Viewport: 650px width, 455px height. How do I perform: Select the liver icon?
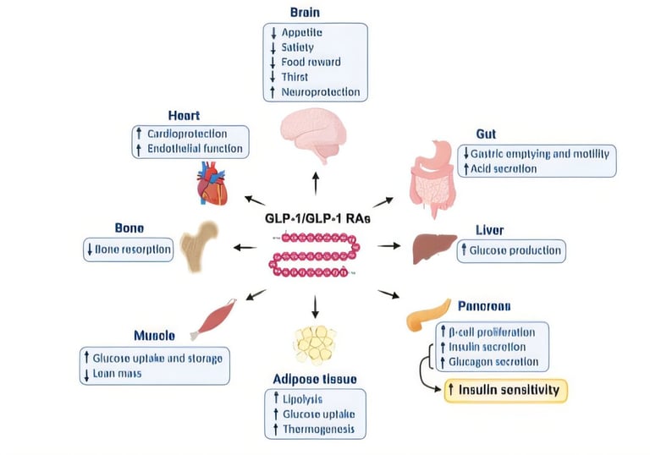[x=434, y=249]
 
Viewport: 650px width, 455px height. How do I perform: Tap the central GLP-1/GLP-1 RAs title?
[x=317, y=219]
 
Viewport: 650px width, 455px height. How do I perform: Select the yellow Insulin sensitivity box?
[x=506, y=389]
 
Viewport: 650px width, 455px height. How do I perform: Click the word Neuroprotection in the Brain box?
[x=321, y=91]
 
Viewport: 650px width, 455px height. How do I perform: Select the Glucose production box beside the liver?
[x=510, y=250]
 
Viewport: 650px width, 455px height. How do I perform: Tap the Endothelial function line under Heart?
[x=196, y=149]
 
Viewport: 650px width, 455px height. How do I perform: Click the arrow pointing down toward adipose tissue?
[x=316, y=306]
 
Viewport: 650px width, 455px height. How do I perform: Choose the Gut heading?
[x=487, y=134]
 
